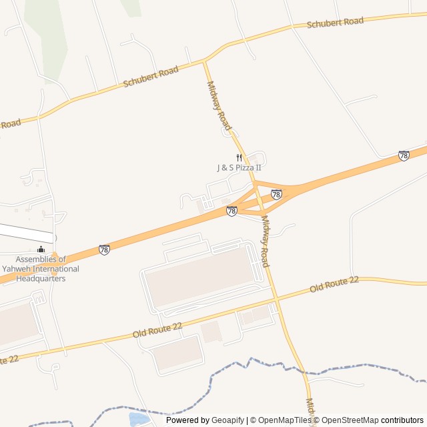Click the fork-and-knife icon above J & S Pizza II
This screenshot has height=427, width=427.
coord(238,158)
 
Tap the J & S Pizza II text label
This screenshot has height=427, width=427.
coord(239,167)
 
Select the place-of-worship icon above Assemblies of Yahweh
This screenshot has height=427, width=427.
coord(41,250)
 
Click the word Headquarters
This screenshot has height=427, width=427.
coord(41,278)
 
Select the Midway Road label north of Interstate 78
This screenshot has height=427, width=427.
coord(219,106)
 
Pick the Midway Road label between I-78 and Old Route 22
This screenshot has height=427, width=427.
coord(266,242)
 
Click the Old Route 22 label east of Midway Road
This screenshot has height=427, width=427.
coord(334,284)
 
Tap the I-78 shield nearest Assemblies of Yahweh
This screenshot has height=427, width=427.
coord(104,250)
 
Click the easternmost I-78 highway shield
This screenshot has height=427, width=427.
coord(404,155)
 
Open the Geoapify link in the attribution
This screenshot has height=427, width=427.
coord(228,420)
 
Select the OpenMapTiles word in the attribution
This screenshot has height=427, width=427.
coord(284,420)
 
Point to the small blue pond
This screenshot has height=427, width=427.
coord(138,419)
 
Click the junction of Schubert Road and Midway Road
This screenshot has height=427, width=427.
coord(203,61)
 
